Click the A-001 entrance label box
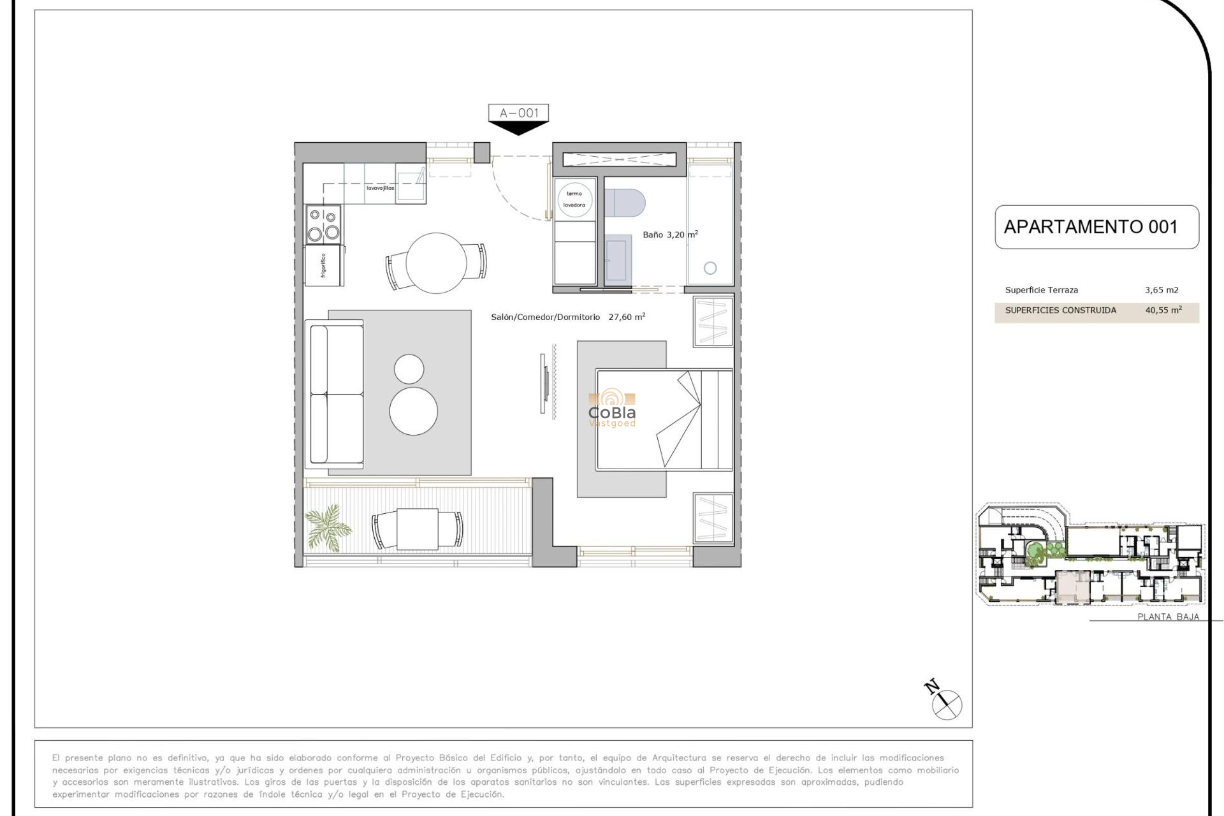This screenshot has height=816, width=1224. point(518,113)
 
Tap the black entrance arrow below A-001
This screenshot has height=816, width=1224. point(518,129)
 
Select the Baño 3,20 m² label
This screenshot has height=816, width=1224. point(670,235)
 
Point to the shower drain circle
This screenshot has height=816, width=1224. point(710,268)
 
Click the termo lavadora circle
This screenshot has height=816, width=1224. point(574,200)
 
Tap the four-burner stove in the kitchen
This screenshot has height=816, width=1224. point(323,224)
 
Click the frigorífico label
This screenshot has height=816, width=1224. point(323,266)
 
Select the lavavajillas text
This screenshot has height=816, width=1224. point(380,188)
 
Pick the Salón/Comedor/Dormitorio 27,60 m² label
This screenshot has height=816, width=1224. point(567,317)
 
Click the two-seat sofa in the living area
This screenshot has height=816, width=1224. point(335,394)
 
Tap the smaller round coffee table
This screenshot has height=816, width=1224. point(409,369)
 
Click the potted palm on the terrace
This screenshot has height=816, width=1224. point(328,527)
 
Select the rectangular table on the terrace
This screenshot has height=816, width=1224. point(418,529)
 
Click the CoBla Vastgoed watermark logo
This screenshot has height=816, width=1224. point(612,409)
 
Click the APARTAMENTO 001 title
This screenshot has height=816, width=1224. point(1090,227)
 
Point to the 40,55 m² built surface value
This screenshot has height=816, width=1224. point(1163,310)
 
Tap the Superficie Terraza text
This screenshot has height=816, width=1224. point(1041,290)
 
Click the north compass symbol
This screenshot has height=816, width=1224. point(946,704)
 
